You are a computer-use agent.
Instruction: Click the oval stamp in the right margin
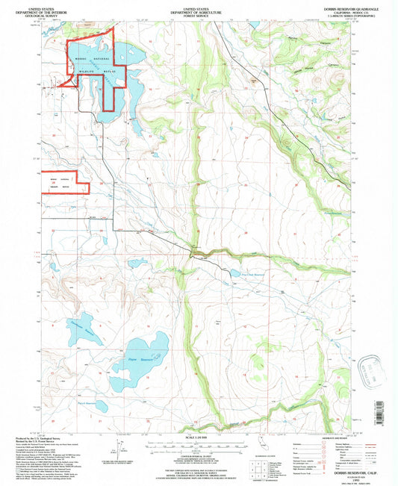[x=371, y=368]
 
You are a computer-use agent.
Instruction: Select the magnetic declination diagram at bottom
[x=117, y=449]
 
